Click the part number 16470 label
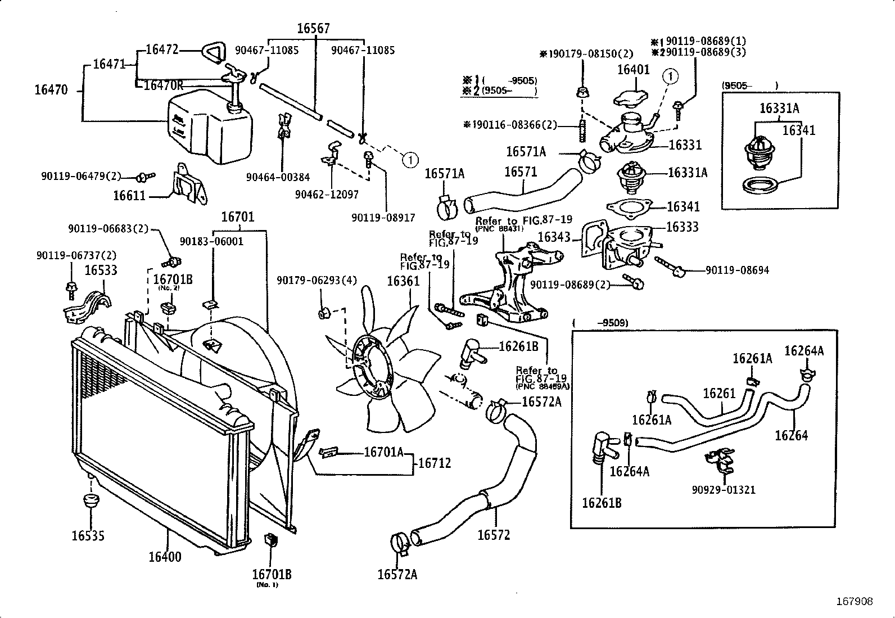point(51,89)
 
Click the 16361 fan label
point(403,281)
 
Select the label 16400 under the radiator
point(165,557)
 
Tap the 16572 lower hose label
point(493,535)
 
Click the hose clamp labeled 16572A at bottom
point(400,543)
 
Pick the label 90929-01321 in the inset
point(724,489)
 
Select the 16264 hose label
point(791,435)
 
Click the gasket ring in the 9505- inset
point(758,185)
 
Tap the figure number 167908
point(854,602)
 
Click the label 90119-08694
point(737,270)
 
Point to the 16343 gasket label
point(555,237)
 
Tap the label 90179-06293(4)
point(316,280)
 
